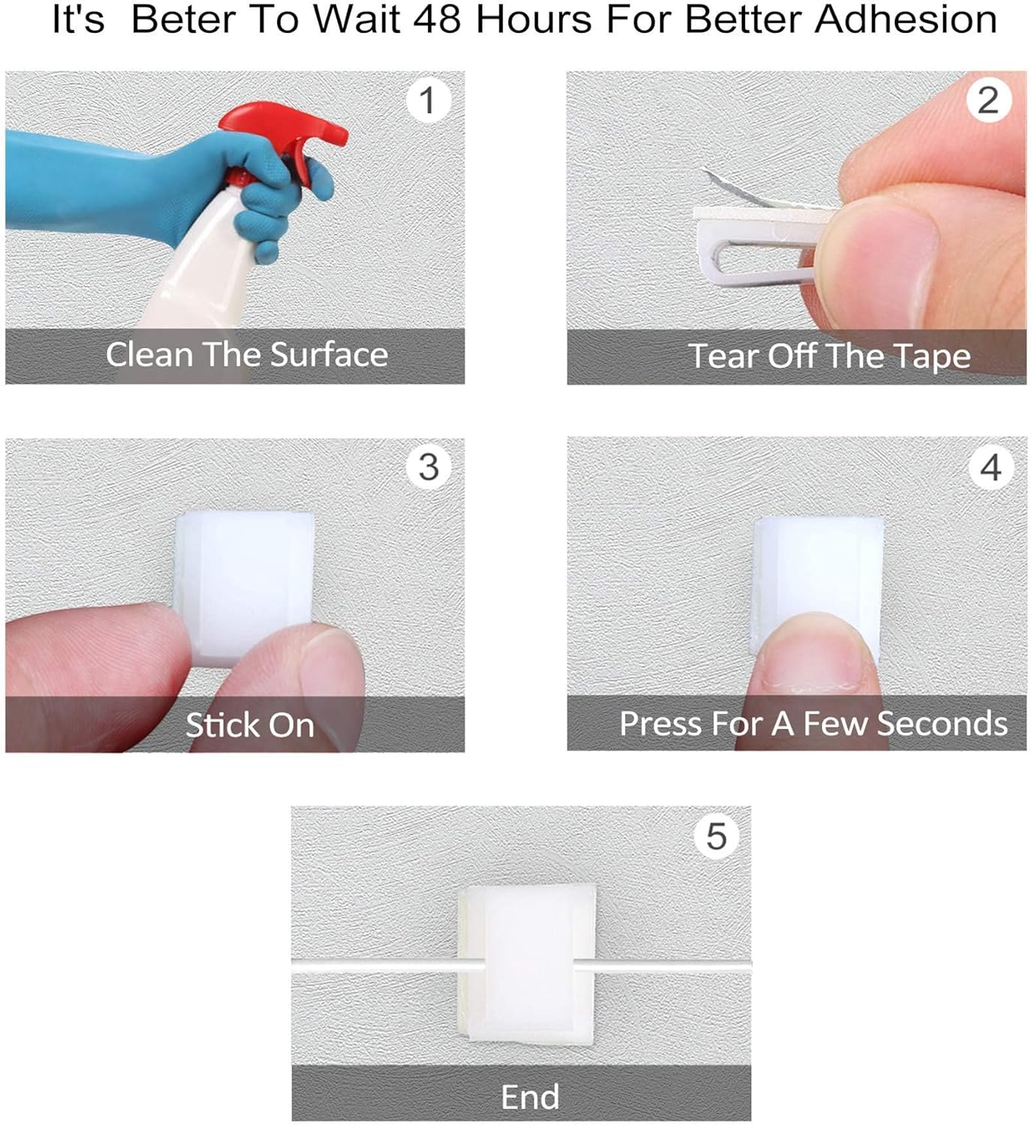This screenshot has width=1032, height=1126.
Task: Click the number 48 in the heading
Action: pyautogui.click(x=437, y=20)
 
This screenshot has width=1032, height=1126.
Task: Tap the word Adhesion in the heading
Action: pyautogui.click(x=905, y=20)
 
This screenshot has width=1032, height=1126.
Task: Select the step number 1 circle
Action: pyautogui.click(x=428, y=101)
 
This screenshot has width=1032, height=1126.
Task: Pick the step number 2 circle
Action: pyautogui.click(x=988, y=101)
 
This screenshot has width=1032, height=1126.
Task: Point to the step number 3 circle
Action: pyautogui.click(x=429, y=467)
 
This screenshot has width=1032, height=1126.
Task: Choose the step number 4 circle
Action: pyautogui.click(x=991, y=467)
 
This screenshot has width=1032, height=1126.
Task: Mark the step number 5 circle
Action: pyautogui.click(x=717, y=836)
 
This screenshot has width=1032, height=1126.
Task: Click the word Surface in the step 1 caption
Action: pyautogui.click(x=329, y=355)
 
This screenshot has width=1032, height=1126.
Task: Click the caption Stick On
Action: pyautogui.click(x=250, y=725)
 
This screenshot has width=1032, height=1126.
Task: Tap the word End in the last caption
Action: pyautogui.click(x=530, y=1097)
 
